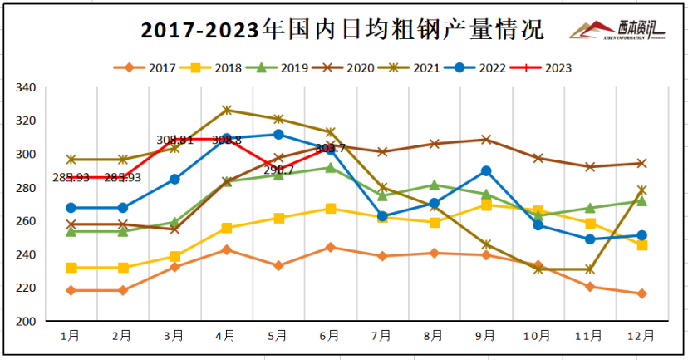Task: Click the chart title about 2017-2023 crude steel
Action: (x=342, y=31)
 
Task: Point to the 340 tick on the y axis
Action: (x=47, y=87)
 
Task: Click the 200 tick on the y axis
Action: (x=47, y=321)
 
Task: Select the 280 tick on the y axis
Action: (x=47, y=188)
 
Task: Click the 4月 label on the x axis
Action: (x=227, y=336)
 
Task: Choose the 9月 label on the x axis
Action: (x=486, y=336)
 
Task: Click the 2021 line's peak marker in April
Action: (x=227, y=110)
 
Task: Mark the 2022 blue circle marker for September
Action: (x=486, y=171)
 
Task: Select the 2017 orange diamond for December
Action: (x=641, y=293)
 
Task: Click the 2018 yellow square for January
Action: (x=71, y=268)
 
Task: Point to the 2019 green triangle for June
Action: (x=331, y=168)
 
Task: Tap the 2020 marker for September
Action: (x=486, y=140)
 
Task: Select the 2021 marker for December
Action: (x=641, y=190)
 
